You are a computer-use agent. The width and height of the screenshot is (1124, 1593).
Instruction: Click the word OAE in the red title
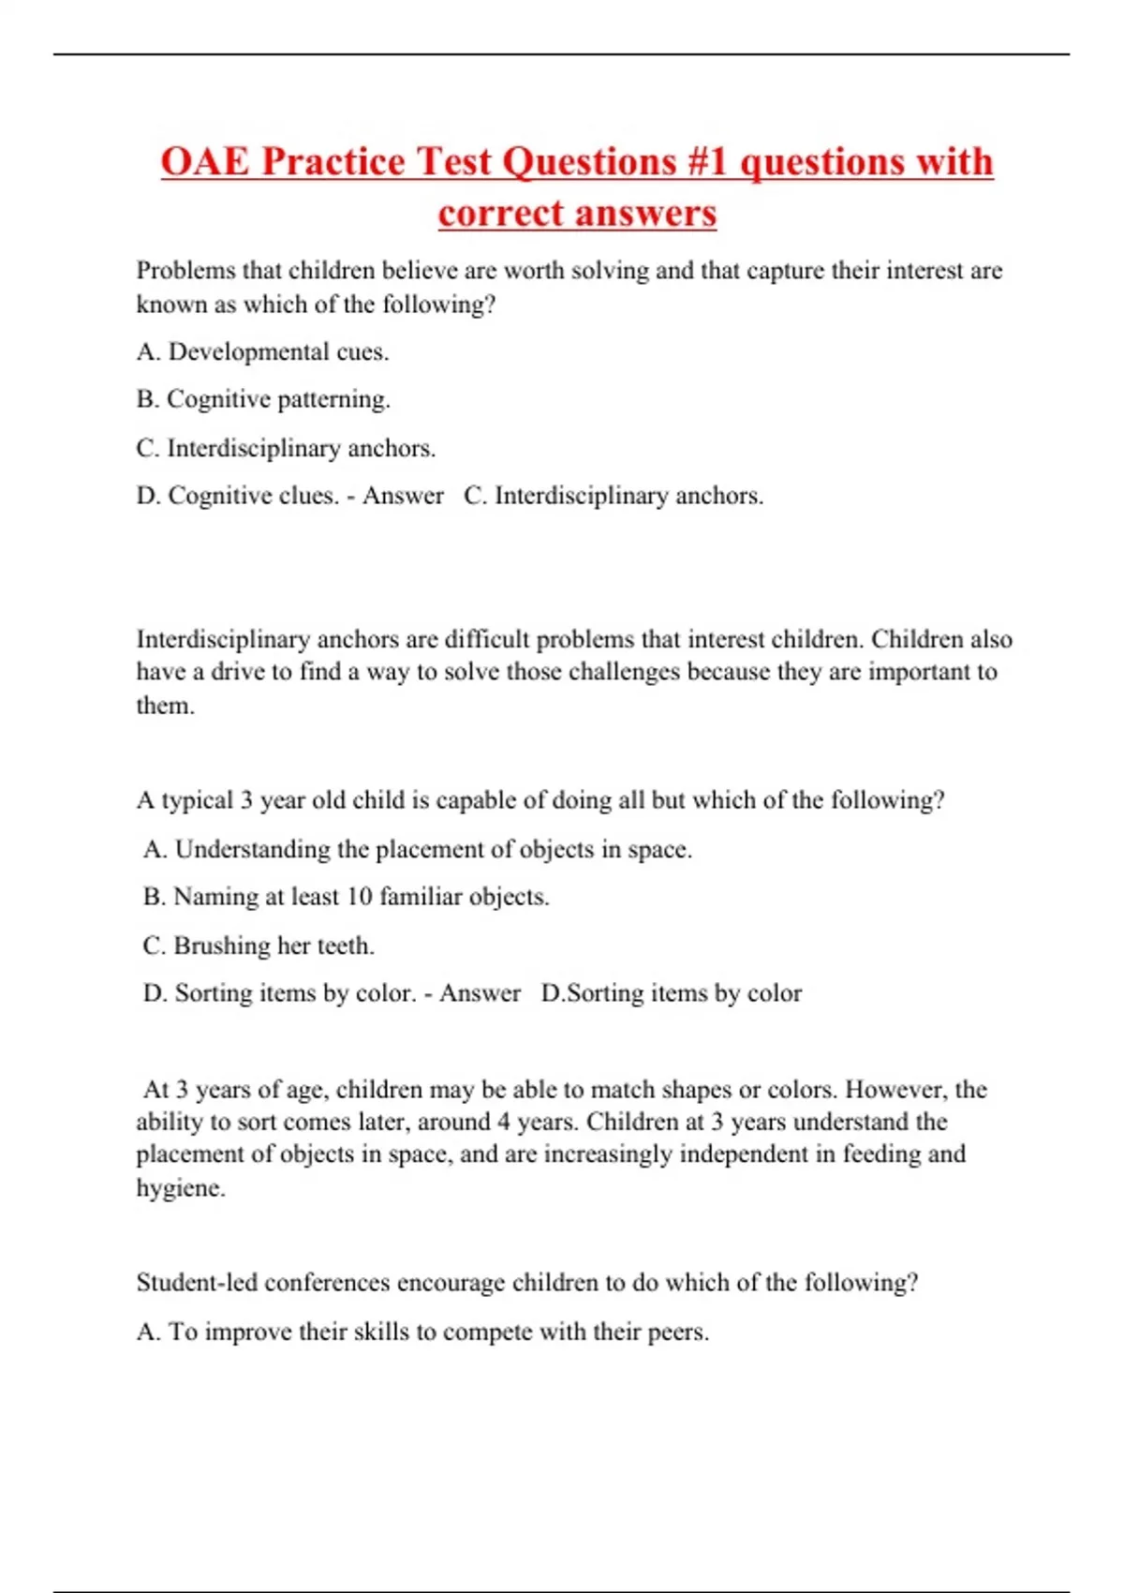tap(205, 161)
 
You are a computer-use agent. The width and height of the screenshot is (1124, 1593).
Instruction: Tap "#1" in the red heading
tap(707, 161)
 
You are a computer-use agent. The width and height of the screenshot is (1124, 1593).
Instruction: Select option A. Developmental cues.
tap(262, 352)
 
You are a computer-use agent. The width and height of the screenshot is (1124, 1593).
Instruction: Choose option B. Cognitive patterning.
tap(263, 399)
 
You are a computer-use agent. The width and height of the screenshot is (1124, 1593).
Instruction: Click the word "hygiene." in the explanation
tap(181, 1188)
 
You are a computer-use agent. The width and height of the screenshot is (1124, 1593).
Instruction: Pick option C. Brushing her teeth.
tap(259, 945)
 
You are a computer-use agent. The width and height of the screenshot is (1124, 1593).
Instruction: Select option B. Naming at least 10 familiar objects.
tap(346, 897)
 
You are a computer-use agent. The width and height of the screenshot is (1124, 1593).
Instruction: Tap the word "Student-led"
tap(197, 1282)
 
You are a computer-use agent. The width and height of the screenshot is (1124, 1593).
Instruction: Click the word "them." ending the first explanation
tap(166, 706)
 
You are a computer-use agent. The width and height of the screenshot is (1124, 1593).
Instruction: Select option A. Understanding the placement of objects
tap(417, 849)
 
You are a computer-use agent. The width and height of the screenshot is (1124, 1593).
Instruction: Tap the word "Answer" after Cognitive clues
tap(403, 496)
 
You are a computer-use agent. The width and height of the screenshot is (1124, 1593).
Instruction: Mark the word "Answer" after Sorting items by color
tap(480, 993)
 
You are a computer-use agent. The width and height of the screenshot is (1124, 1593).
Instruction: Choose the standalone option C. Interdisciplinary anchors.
tap(286, 448)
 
